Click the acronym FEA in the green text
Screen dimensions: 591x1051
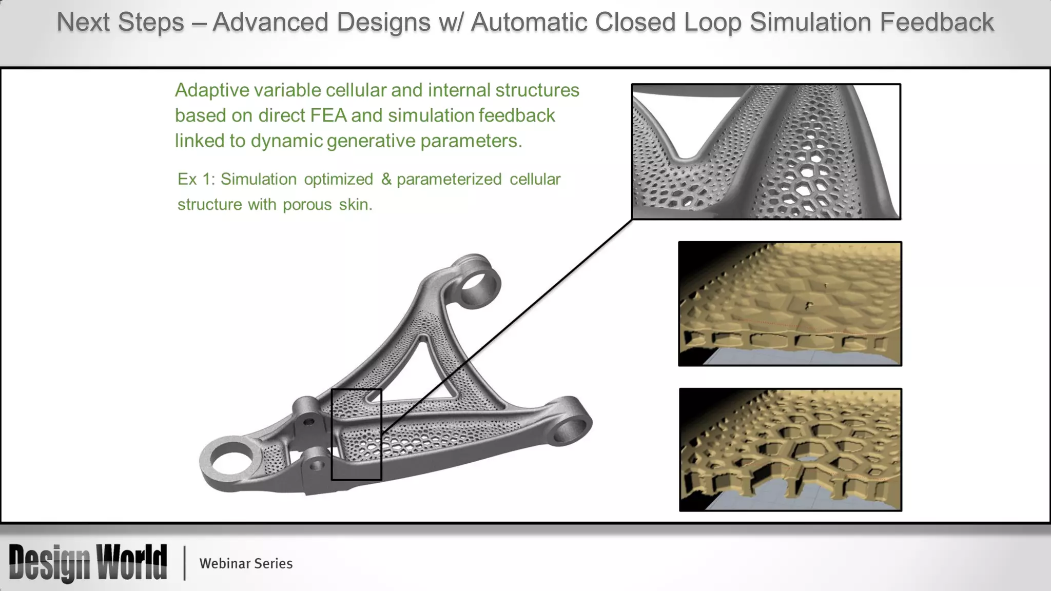point(328,115)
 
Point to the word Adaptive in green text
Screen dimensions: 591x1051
point(211,90)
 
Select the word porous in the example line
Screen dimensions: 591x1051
point(307,204)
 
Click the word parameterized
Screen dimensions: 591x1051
point(449,179)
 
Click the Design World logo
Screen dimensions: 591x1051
point(88,563)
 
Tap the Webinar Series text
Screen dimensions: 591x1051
point(246,563)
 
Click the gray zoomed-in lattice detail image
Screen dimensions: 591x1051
point(766,152)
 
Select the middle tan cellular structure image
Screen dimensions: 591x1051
point(790,304)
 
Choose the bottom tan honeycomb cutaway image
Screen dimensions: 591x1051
point(790,449)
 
